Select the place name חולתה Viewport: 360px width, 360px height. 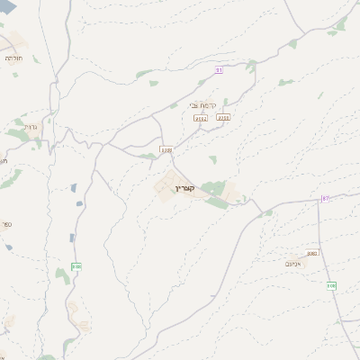(13, 57)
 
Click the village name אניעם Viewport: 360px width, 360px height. (294, 264)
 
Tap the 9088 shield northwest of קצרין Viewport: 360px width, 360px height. (166, 149)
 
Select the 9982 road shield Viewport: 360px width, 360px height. (201, 118)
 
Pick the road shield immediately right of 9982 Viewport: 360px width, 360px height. (223, 117)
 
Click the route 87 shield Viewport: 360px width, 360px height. (325, 198)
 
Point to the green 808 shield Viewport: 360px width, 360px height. (331, 285)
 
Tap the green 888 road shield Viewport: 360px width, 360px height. (76, 266)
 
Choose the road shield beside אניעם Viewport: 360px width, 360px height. (311, 254)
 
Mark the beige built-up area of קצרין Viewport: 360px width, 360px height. (167, 186)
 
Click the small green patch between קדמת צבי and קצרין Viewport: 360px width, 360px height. (212, 159)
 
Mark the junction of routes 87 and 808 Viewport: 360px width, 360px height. (319, 202)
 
